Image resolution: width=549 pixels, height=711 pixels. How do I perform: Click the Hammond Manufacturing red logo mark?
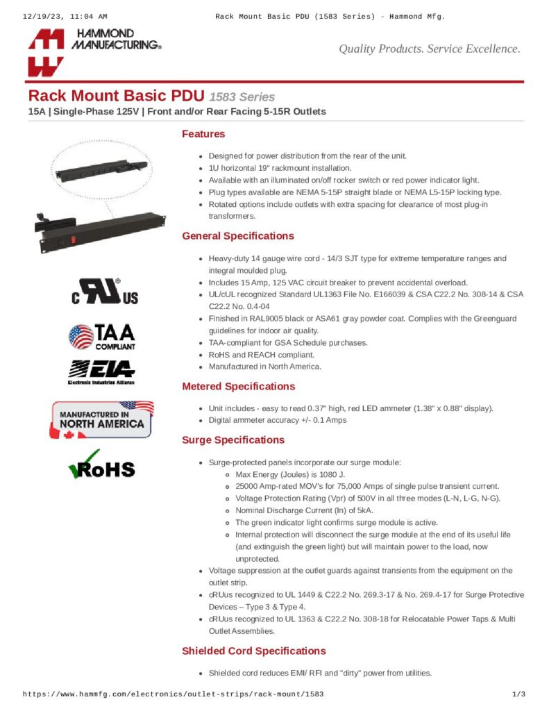tap(46, 52)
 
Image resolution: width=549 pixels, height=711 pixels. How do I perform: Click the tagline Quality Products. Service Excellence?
tap(429, 49)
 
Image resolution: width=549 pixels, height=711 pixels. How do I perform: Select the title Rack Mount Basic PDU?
tap(116, 97)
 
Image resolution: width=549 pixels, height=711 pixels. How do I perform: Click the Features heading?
tap(203, 134)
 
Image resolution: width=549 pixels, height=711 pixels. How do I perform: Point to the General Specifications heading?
tap(237, 236)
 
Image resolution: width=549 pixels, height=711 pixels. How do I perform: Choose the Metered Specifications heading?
tap(238, 386)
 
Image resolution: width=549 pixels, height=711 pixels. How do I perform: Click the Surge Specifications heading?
tap(233, 440)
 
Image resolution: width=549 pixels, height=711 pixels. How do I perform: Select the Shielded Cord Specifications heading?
tap(253, 651)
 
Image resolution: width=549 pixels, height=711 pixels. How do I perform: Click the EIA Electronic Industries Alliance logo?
tap(101, 371)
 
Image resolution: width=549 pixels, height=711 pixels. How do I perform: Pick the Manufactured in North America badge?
tap(101, 420)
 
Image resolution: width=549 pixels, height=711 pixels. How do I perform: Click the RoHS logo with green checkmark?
tap(101, 465)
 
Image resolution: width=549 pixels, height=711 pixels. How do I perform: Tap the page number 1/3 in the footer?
tap(518, 694)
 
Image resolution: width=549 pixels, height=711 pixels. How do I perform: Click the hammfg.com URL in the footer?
tap(174, 694)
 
